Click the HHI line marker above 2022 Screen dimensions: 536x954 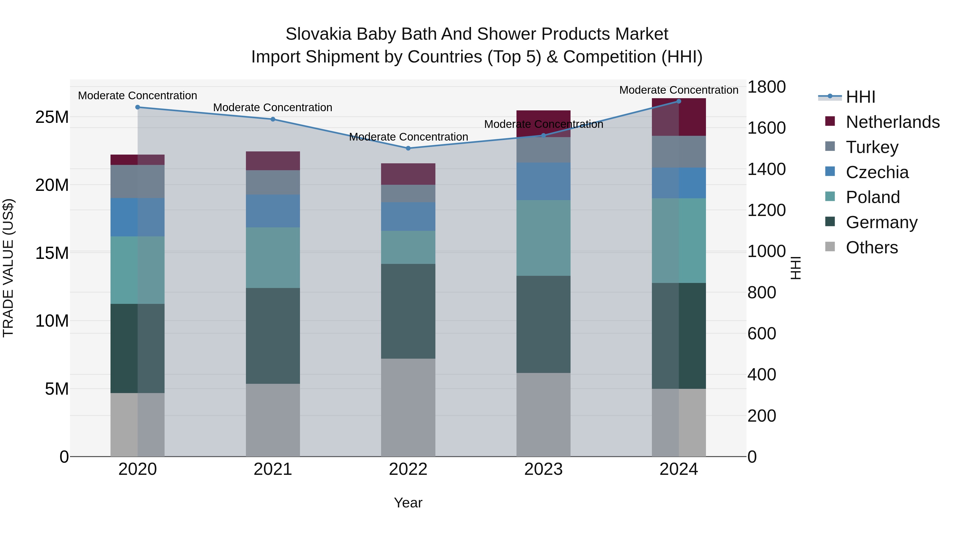[408, 148]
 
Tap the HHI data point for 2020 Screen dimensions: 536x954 [137, 107]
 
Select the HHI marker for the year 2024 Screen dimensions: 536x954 [679, 101]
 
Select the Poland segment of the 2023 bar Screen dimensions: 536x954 [543, 238]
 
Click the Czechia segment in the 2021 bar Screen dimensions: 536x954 [273, 211]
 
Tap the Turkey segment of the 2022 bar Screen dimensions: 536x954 [408, 193]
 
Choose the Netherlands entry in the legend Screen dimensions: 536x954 [893, 122]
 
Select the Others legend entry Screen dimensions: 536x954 [872, 247]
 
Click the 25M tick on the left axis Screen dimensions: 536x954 [52, 117]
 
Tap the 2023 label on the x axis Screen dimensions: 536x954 [543, 469]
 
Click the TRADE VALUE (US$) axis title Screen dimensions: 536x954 [8, 268]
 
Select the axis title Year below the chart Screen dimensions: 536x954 [408, 503]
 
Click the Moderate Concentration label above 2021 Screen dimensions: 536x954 [273, 108]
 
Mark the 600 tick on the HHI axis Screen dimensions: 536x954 [762, 334]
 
